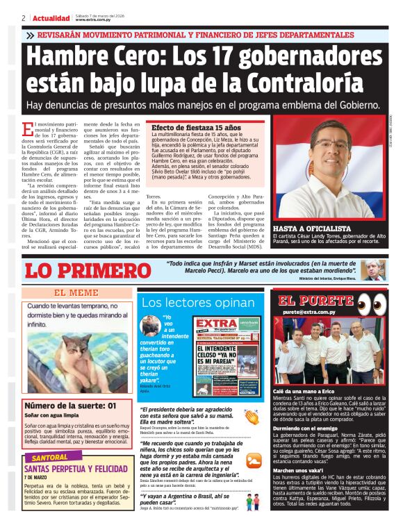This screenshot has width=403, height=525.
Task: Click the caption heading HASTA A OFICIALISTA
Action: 312,228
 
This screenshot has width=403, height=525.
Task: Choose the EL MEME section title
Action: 76,292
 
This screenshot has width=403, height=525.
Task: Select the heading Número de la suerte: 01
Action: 71,406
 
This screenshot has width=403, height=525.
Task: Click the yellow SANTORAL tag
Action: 49,458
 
